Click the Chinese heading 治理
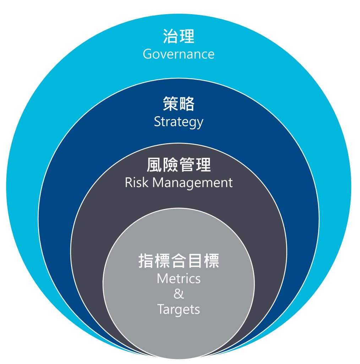point(179,37)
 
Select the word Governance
point(179,54)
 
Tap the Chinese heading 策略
point(179,104)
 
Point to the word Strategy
point(179,122)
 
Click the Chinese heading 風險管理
point(179,165)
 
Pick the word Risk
point(133,183)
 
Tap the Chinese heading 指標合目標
point(179,261)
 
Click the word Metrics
point(179,278)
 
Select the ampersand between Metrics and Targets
point(179,294)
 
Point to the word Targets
point(179,310)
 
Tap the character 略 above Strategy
point(187,104)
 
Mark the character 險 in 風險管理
point(171,165)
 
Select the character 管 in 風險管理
point(187,165)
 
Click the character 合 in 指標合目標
point(179,261)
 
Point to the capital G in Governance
point(148,54)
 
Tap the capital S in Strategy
point(158,122)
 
